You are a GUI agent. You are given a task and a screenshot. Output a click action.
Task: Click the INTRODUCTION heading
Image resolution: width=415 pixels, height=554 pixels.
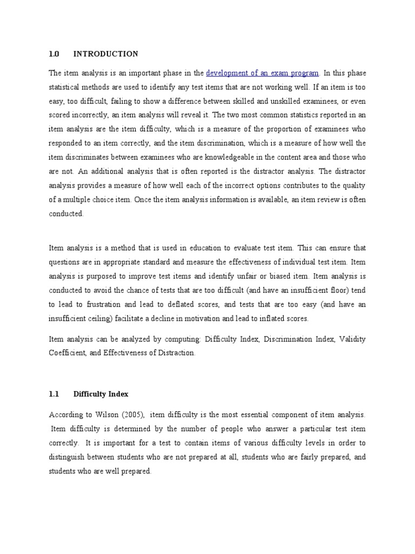coord(105,54)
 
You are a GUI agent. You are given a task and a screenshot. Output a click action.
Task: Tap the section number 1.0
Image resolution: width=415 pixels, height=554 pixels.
coord(53,54)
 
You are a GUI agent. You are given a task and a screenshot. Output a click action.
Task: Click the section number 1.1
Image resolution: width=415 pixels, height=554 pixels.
coord(53,394)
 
